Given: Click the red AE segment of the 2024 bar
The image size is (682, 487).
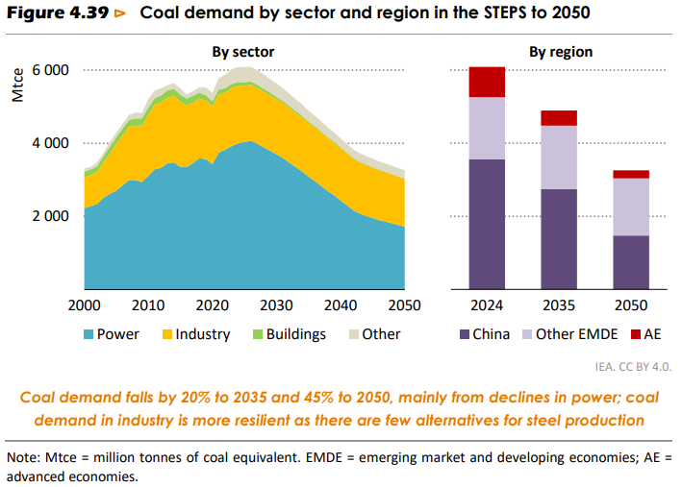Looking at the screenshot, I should tap(487, 83).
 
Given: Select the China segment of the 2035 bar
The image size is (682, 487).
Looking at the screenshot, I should tap(559, 238).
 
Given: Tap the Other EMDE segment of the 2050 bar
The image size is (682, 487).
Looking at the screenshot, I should tap(630, 207).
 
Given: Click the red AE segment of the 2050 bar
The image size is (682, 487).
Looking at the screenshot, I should tap(630, 174).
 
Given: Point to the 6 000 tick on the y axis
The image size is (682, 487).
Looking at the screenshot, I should tap(50, 71).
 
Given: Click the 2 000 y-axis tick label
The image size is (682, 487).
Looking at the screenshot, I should tap(50, 216).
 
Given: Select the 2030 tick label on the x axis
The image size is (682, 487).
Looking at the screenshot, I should tap(275, 306).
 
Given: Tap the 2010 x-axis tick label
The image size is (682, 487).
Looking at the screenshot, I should tap(147, 306).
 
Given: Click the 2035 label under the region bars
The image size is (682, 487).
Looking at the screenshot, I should tap(559, 306).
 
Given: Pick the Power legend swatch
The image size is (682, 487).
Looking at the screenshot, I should tap(88, 334).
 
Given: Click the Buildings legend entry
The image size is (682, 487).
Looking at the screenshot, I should tap(288, 334).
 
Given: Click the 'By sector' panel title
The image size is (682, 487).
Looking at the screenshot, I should tap(243, 52).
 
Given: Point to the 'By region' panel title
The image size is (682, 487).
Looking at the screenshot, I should tap(561, 52).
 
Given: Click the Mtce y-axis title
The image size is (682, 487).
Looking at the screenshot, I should tap(16, 85).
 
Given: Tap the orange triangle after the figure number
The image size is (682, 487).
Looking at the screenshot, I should tap(119, 13).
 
